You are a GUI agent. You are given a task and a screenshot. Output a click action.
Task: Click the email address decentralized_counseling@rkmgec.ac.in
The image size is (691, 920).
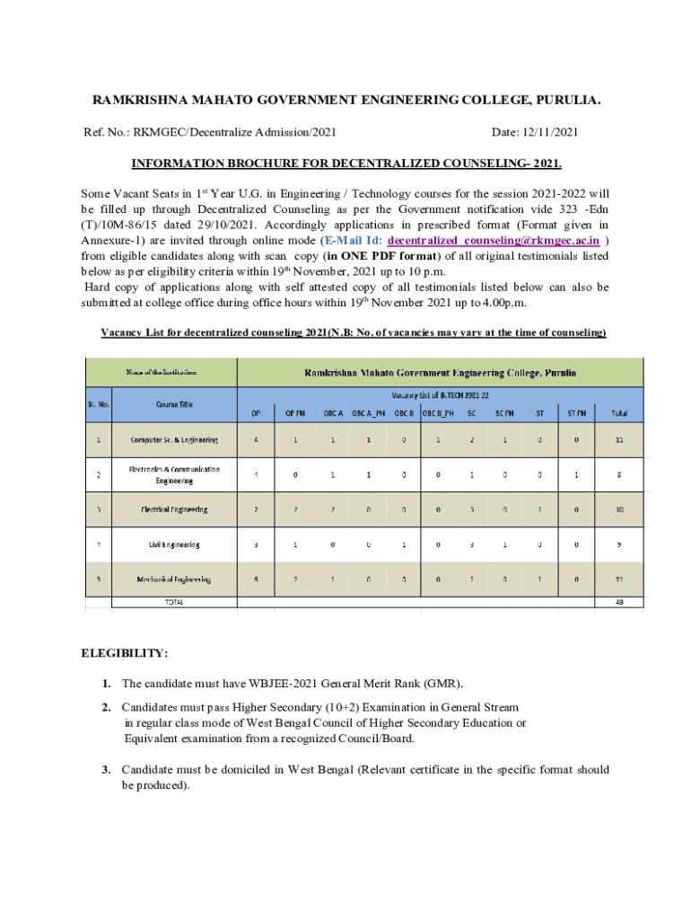[493, 241]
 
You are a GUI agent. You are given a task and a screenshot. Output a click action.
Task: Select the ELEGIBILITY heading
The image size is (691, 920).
[125, 653]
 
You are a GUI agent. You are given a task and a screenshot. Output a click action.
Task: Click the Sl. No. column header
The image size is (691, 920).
[99, 403]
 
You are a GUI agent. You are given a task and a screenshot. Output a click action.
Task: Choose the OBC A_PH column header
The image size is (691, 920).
[370, 414]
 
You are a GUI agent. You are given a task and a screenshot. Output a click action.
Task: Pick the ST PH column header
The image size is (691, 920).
[577, 414]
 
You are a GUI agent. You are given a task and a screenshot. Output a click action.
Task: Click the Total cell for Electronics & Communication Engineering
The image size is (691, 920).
[619, 474]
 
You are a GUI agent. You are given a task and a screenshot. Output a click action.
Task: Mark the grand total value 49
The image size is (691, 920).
[619, 603]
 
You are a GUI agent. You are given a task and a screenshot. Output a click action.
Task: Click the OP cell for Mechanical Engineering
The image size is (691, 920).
[256, 579]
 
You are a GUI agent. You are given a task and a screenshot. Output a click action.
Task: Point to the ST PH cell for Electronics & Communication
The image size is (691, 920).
[577, 474]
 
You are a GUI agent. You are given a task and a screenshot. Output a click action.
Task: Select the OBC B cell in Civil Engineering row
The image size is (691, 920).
[404, 544]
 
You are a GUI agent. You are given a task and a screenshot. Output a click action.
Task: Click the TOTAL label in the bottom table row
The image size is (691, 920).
[174, 603]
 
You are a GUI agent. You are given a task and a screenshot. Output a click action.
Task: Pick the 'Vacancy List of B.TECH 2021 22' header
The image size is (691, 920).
[440, 394]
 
